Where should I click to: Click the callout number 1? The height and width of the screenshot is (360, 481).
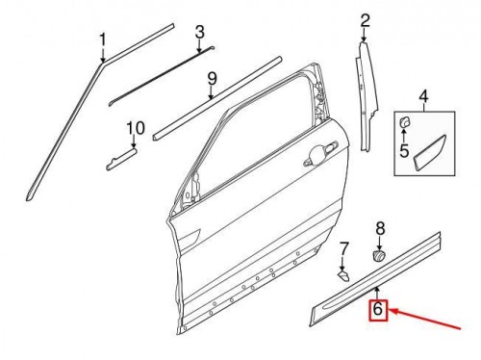[101, 39]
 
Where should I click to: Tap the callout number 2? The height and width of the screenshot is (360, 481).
[365, 19]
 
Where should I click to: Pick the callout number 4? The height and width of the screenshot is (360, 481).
[422, 96]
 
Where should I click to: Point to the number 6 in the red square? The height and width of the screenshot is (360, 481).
[378, 310]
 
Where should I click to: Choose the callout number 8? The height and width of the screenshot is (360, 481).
[379, 227]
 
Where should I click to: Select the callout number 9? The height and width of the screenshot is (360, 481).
[213, 77]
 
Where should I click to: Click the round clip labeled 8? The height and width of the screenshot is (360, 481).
[379, 257]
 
